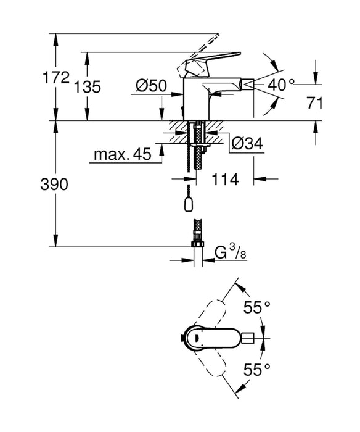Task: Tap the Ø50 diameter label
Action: point(149,86)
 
